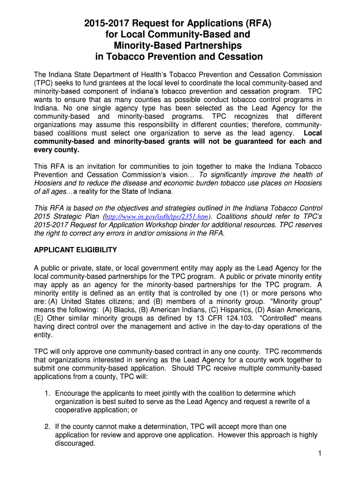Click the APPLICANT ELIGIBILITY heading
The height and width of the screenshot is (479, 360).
[75, 250]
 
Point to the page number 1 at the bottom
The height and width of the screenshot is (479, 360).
[317, 453]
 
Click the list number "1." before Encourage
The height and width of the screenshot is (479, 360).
[48, 393]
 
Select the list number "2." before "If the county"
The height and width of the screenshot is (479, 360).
[48, 427]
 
